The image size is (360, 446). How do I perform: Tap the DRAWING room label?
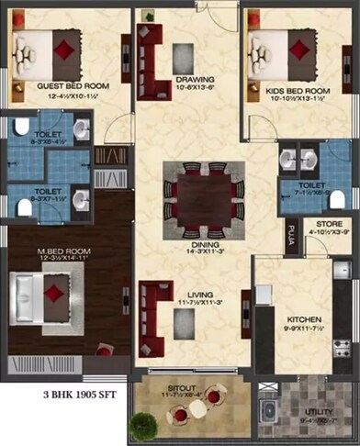coord(195,79)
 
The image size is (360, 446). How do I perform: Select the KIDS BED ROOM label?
coord(296,92)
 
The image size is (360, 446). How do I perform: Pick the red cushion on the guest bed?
coord(62,47)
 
